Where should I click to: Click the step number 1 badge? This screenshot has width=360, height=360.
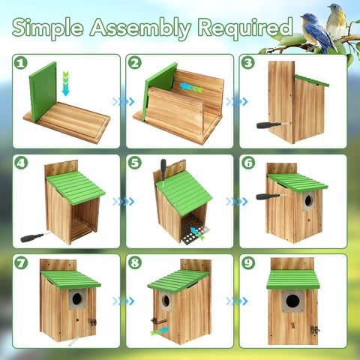point(21,63)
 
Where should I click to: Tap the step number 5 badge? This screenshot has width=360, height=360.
point(134,163)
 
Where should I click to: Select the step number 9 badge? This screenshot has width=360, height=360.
point(248,263)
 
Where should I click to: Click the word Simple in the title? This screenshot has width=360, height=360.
point(47,28)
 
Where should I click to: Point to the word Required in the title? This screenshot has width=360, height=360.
point(245,28)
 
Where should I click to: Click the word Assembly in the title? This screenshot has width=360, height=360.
point(140,28)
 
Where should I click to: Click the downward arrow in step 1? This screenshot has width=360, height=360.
point(65,83)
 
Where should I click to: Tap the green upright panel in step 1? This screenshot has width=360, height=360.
point(43,91)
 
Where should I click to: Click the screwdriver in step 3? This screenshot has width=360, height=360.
point(273,125)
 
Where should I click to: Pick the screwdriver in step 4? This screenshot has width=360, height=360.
point(35,237)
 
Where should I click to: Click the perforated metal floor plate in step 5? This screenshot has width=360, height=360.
point(194,230)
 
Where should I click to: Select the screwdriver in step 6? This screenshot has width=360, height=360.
point(271,196)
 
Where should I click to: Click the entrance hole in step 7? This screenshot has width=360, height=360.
point(77,298)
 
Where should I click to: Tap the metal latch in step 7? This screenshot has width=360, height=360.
point(92,322)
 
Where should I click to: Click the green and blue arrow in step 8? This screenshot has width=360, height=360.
point(160,331)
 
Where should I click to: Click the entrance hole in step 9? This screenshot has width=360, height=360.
point(292,301)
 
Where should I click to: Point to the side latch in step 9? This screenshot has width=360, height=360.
point(314,330)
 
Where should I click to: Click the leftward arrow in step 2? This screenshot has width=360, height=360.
point(191,87)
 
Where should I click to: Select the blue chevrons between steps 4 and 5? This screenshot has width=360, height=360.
point(124,202)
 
